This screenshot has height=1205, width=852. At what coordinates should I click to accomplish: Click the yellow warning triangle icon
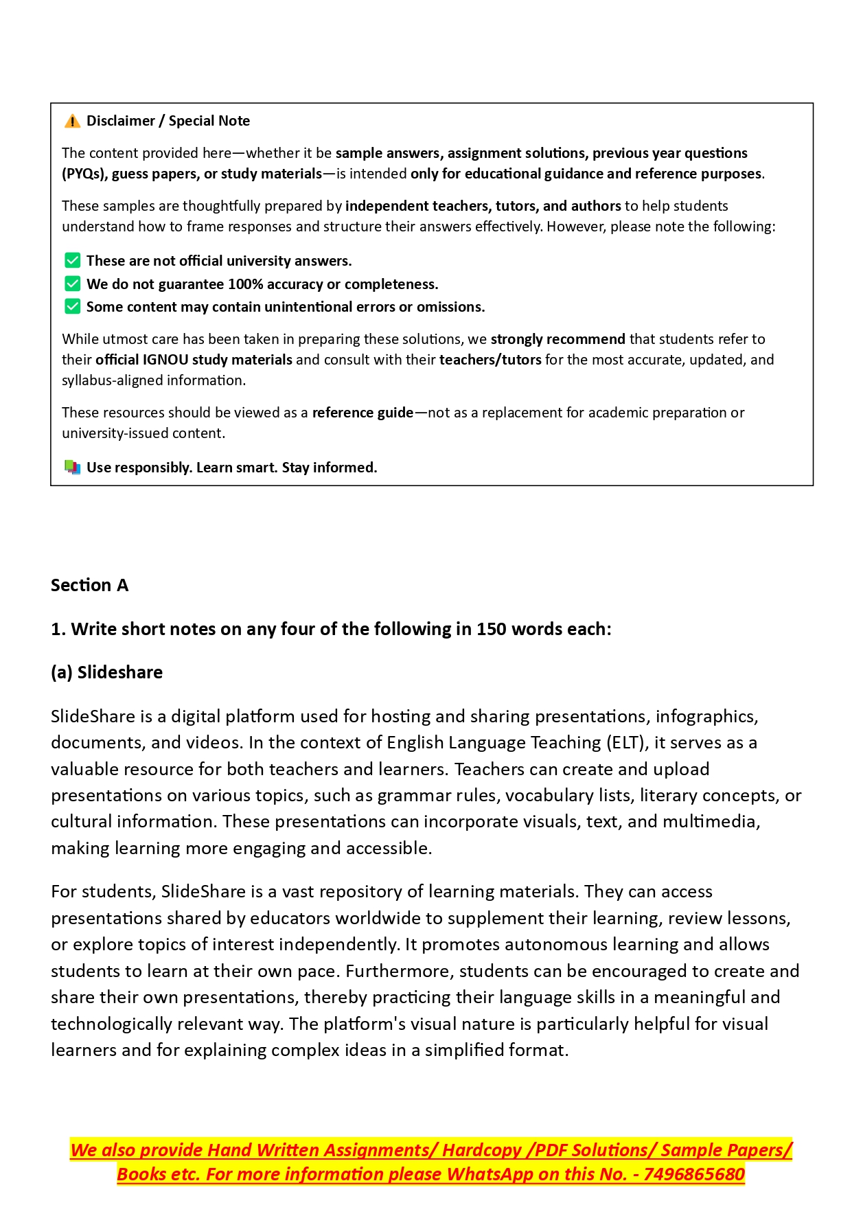tap(72, 122)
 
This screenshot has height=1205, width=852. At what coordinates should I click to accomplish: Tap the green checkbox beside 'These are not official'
tap(72, 261)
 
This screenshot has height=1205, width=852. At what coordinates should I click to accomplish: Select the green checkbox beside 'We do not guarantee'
tap(72, 284)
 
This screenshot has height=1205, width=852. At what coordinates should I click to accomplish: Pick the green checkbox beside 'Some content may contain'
tap(72, 306)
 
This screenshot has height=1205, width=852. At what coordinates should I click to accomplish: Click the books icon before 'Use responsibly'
tap(72, 468)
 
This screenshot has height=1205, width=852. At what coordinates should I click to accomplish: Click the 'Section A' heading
tap(89, 585)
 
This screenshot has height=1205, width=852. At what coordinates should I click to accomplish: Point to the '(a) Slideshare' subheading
tap(106, 672)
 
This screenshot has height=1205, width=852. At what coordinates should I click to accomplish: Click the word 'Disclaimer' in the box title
tap(121, 121)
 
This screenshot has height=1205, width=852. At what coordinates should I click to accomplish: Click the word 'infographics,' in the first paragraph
tap(706, 717)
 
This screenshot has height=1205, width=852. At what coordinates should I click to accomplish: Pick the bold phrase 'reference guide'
tap(362, 413)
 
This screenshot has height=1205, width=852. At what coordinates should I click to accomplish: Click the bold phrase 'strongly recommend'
tap(557, 339)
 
